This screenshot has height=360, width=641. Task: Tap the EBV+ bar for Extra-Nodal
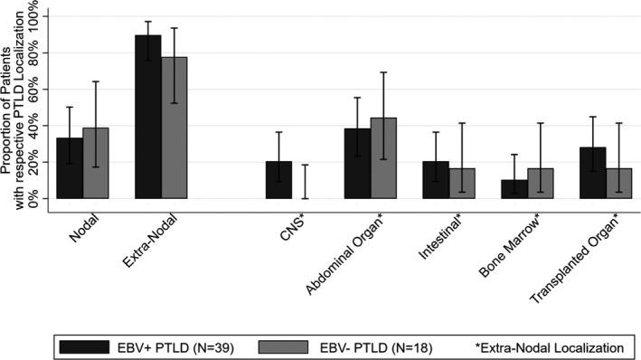pyautogui.click(x=147, y=117)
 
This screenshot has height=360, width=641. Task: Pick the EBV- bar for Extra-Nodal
pyautogui.click(x=174, y=128)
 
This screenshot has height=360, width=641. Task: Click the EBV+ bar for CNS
pyautogui.click(x=278, y=180)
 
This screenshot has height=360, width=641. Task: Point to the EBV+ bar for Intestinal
pyautogui.click(x=436, y=180)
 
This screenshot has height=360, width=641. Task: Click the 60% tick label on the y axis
pyautogui.click(x=33, y=90)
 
